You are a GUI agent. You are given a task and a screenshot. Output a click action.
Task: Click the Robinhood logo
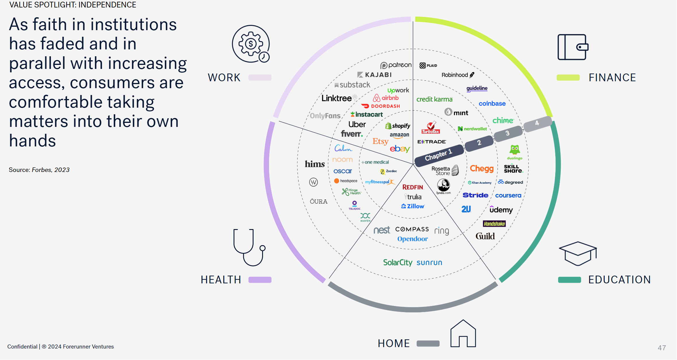(458, 75)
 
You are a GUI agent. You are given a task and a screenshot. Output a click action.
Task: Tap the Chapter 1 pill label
(438, 155)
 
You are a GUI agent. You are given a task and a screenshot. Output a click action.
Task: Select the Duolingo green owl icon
(514, 150)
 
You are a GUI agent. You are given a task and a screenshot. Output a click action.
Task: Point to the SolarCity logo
(398, 262)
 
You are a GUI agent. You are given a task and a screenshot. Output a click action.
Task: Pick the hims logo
(315, 164)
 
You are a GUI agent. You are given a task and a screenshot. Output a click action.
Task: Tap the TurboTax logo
(431, 128)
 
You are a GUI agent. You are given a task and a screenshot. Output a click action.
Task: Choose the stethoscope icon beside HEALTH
(249, 247)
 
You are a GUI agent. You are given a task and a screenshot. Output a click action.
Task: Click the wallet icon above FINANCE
(572, 47)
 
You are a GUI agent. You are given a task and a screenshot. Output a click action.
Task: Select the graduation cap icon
(578, 253)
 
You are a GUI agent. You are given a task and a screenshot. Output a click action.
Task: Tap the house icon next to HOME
(463, 334)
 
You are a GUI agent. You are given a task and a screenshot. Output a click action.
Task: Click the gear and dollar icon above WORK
(251, 44)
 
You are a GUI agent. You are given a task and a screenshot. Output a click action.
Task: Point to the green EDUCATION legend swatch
(569, 280)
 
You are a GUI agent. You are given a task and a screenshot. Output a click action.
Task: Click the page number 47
(661, 348)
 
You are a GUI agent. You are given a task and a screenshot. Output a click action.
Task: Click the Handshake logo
(494, 224)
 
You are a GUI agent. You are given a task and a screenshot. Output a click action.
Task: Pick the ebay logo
(400, 149)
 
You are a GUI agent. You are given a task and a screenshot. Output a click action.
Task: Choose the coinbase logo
(492, 104)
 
